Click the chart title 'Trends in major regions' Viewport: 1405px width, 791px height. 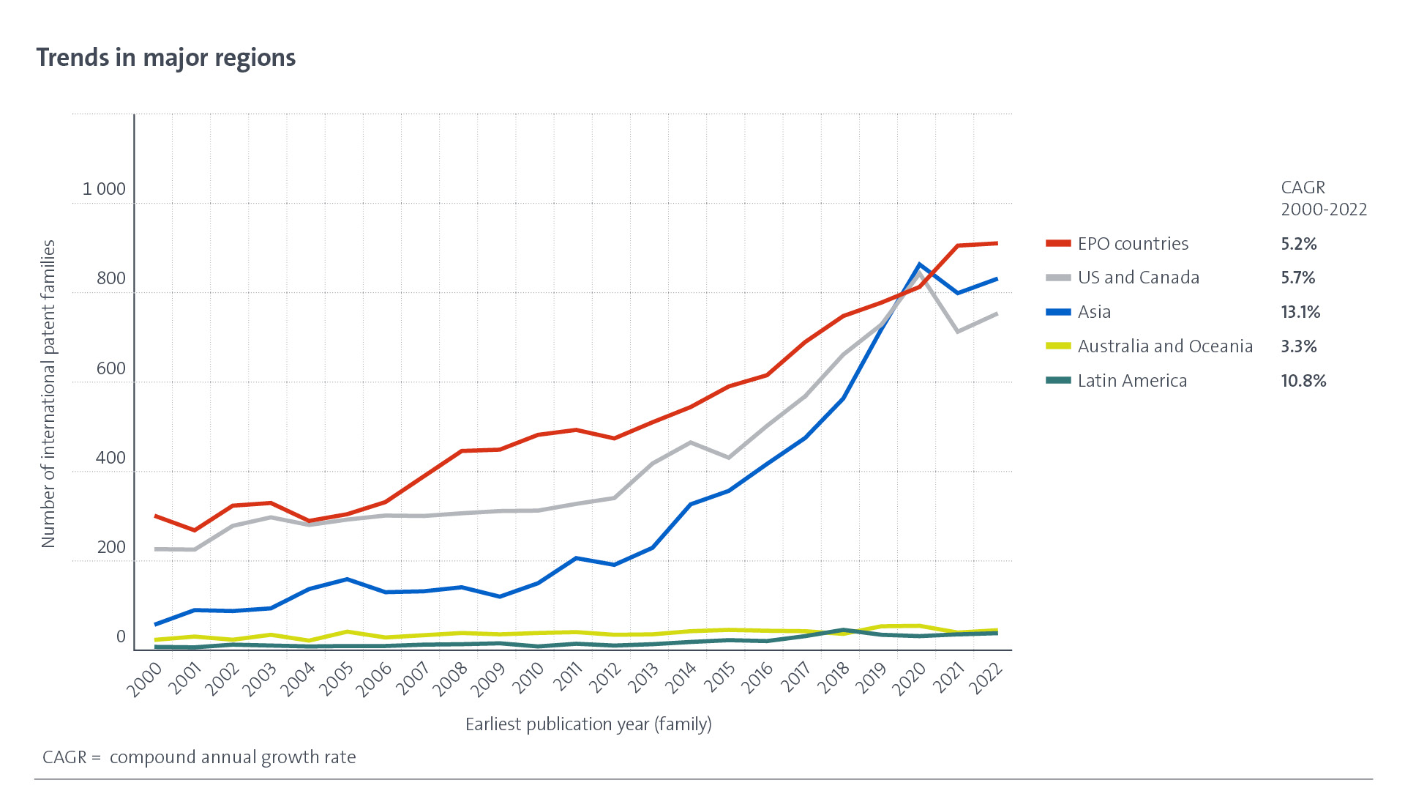click(166, 58)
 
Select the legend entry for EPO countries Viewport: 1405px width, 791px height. click(1133, 244)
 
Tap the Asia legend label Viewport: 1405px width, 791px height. click(1094, 312)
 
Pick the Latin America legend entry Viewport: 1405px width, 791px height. click(1132, 381)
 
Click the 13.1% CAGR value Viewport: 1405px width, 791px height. click(1300, 312)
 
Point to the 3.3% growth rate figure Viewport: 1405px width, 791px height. click(1298, 346)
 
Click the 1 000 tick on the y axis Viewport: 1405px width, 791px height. click(104, 189)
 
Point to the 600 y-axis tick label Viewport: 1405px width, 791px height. click(110, 368)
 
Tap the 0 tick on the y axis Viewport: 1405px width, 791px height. click(121, 637)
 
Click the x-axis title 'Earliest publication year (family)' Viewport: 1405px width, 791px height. click(588, 724)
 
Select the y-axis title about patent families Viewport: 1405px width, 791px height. click(48, 393)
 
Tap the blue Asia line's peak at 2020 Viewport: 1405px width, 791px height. click(919, 264)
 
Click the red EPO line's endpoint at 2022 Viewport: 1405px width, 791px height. click(996, 243)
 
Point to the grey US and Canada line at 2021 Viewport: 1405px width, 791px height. click(957, 332)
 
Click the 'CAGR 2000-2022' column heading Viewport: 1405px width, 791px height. click(1323, 198)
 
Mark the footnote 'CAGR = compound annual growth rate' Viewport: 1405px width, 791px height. click(199, 757)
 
